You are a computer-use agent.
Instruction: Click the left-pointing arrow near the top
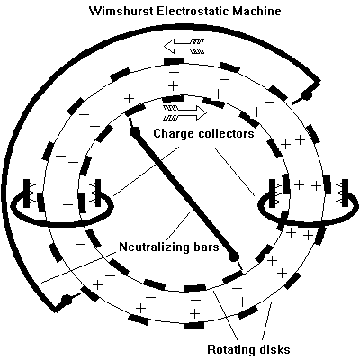click(184, 46)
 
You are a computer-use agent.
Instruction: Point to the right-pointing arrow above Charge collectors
click(184, 112)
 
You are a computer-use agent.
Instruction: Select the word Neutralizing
click(153, 247)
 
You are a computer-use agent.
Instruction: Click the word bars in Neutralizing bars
click(204, 247)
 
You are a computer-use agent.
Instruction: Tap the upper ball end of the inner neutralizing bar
click(134, 131)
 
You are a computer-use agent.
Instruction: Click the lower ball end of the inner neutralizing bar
click(234, 256)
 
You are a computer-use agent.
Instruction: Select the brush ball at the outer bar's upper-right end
click(307, 94)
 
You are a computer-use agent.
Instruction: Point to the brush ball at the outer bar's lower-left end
click(66, 300)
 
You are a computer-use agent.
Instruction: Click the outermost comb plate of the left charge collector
click(26, 193)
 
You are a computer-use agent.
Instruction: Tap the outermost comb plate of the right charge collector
click(345, 193)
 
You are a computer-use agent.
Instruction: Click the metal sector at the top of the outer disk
click(175, 61)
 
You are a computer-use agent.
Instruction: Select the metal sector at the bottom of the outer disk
click(194, 326)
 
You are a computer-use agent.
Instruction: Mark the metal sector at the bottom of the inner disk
click(194, 288)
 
